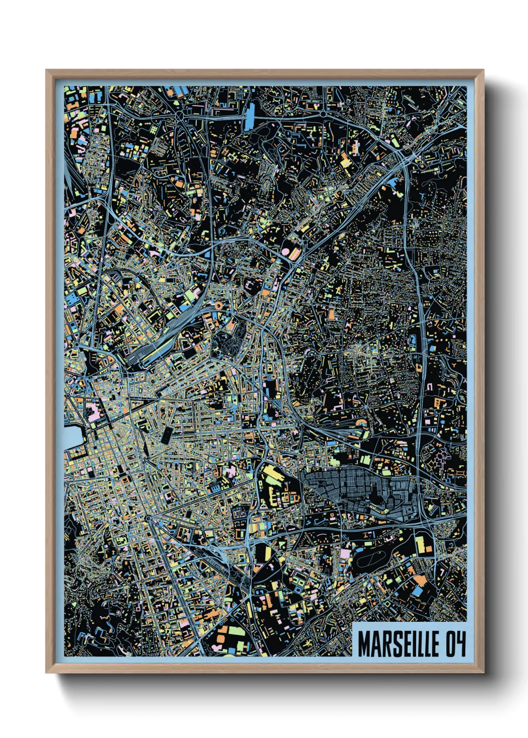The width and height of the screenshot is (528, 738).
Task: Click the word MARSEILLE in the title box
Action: (398, 644)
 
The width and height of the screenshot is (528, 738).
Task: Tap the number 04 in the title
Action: (455, 644)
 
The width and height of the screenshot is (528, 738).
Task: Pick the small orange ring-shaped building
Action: (218, 304)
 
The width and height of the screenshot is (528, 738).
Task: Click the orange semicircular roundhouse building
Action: (362, 423)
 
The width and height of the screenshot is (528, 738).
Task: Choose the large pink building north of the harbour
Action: (93, 412)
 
